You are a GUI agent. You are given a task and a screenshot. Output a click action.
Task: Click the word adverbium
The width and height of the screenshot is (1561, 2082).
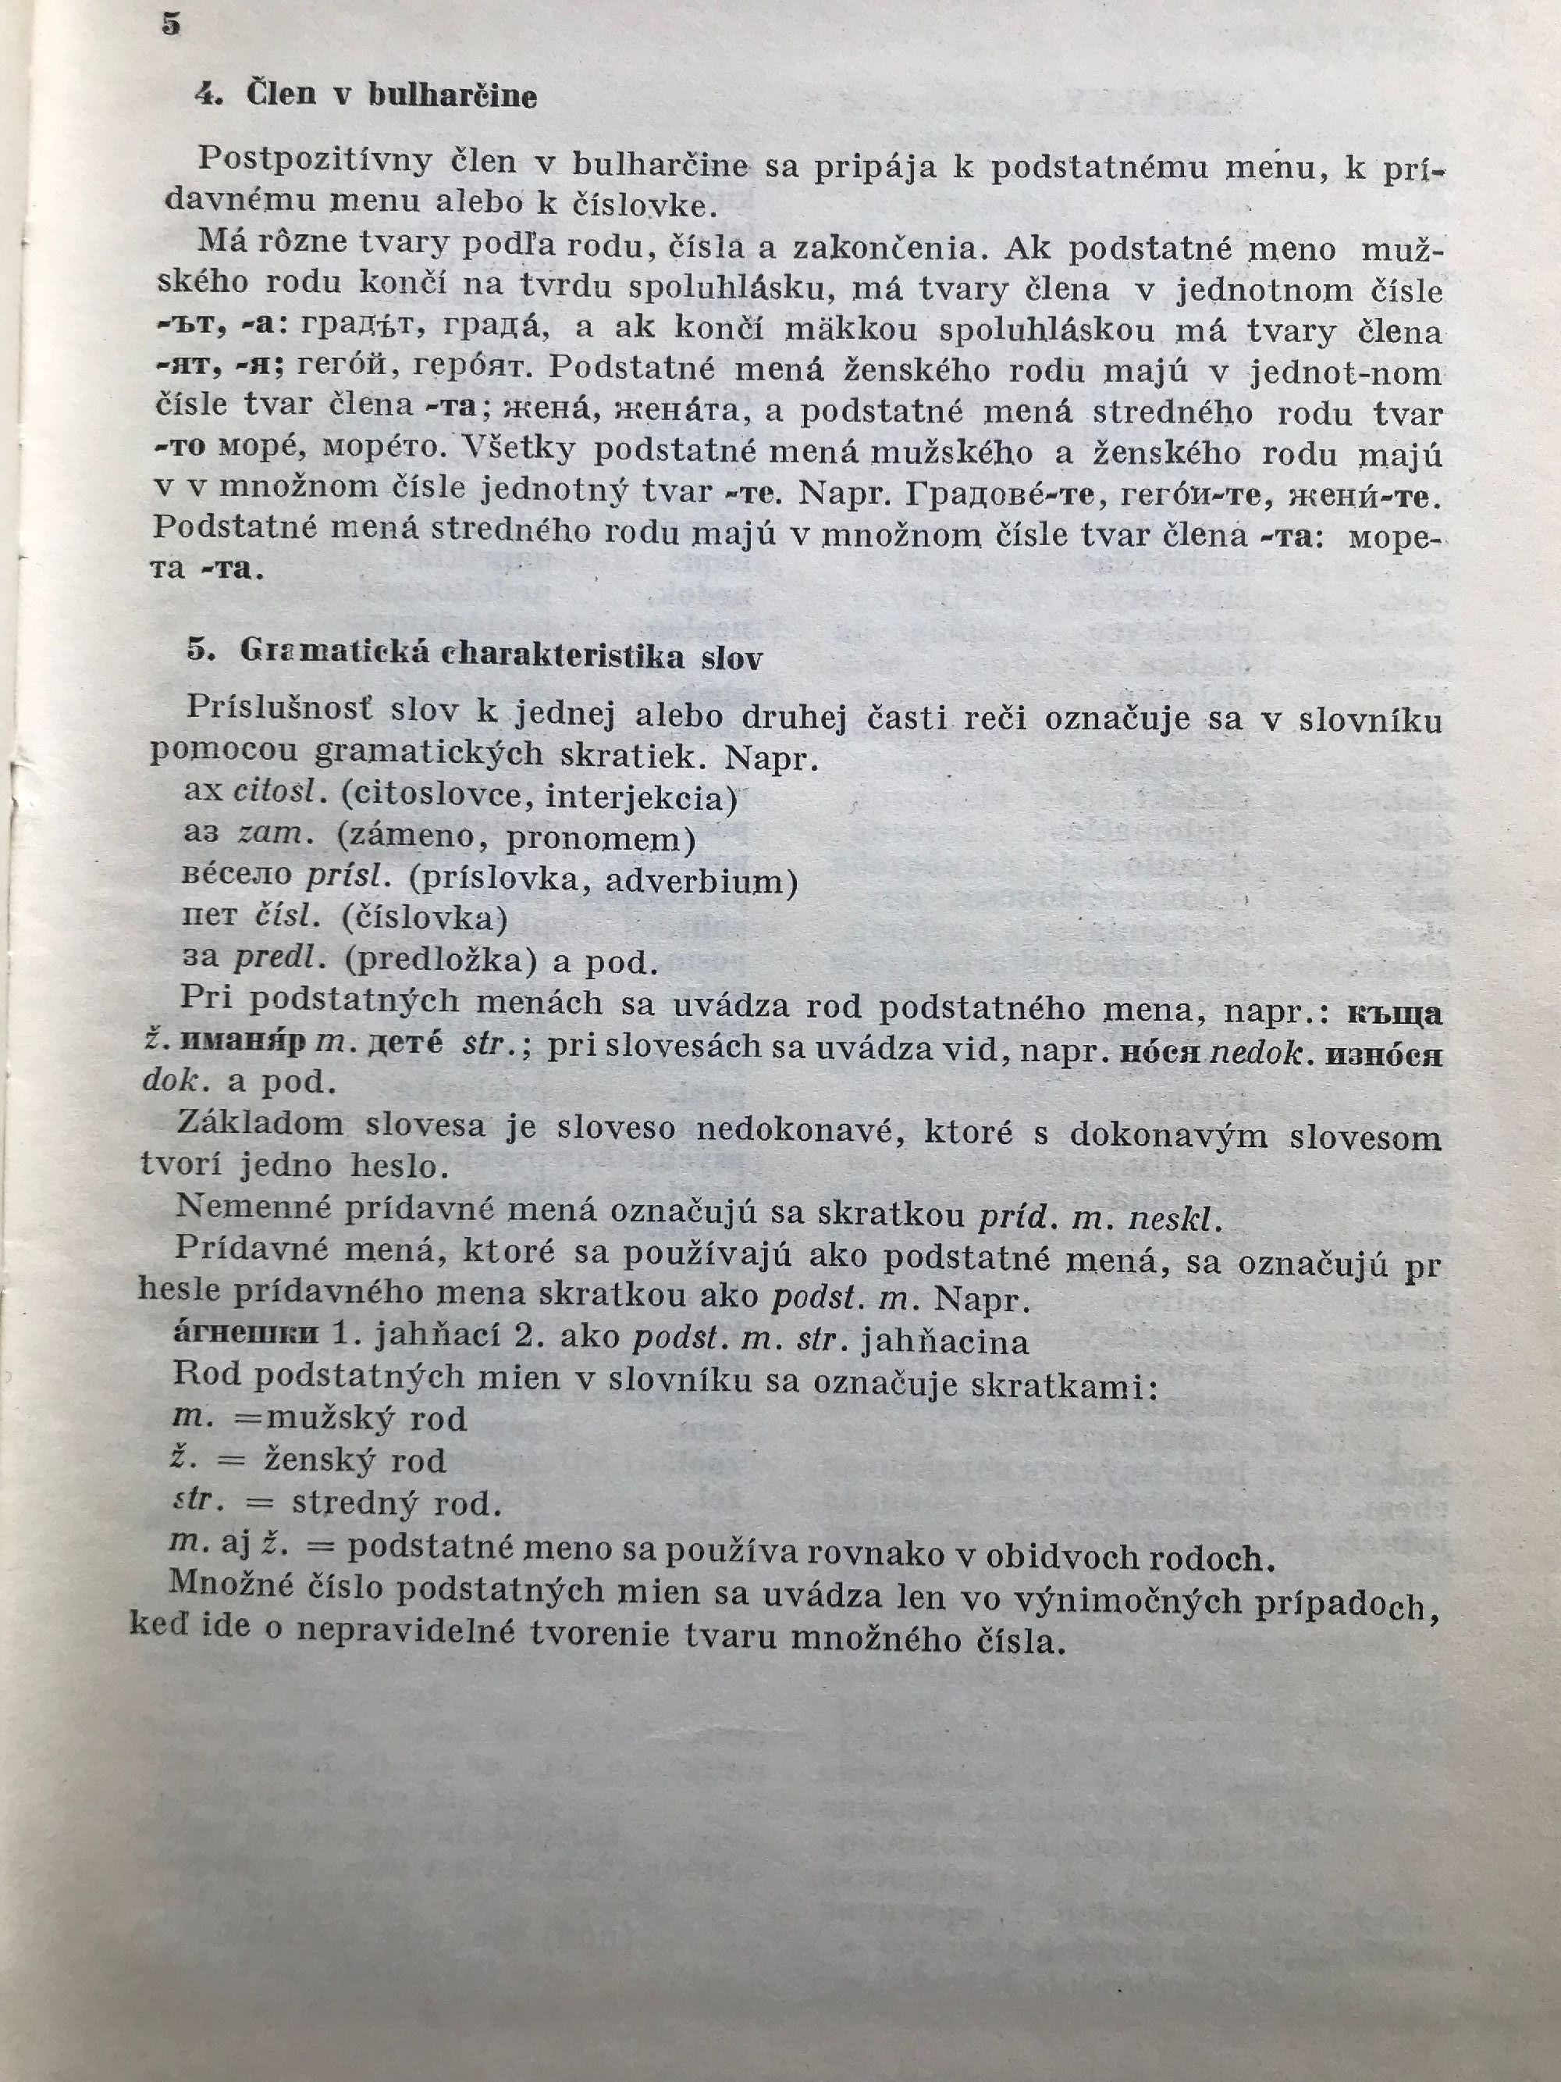(701, 881)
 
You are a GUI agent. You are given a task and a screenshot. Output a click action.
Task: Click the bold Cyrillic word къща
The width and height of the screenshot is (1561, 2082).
(1395, 1014)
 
